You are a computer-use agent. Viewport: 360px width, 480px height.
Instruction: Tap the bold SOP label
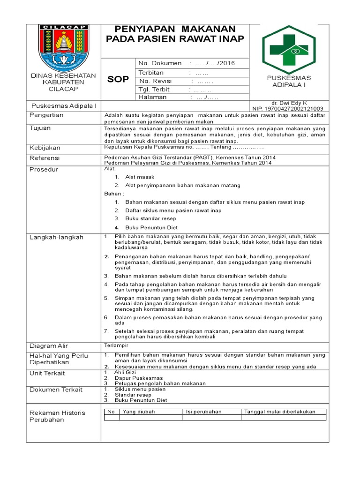(x=118, y=79)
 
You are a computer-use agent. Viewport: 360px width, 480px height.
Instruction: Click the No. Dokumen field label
(x=159, y=63)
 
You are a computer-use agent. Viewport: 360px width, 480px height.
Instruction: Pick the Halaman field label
(x=152, y=97)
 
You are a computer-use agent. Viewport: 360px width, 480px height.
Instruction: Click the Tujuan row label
(x=40, y=128)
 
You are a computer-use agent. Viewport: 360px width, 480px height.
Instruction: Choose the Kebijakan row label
(x=46, y=148)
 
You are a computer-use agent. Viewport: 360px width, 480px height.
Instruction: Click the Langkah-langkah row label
(x=56, y=237)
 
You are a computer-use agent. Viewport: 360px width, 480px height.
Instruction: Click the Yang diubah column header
(x=139, y=412)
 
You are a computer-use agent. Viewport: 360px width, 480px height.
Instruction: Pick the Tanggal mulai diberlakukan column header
(x=279, y=412)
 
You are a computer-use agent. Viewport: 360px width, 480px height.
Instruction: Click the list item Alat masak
(x=140, y=177)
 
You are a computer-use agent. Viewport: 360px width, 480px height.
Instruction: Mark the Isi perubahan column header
(x=203, y=412)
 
